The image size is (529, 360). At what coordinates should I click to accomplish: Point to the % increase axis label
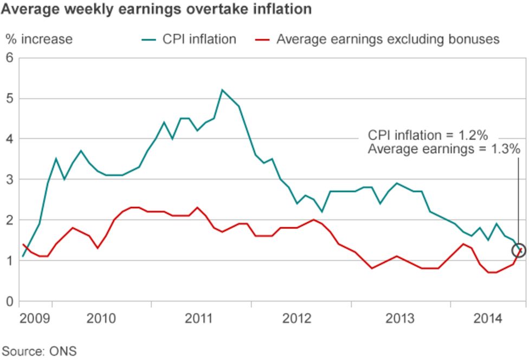click(38, 39)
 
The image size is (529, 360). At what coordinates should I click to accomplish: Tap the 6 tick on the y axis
click(9, 58)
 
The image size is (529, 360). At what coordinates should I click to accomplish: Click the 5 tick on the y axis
click(9, 99)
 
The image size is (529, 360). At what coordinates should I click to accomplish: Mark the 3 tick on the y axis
click(9, 179)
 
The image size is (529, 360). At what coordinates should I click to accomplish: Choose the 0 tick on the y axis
click(9, 301)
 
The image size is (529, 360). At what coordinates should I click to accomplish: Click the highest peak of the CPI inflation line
click(222, 90)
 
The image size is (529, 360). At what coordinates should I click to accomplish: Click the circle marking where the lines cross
click(519, 250)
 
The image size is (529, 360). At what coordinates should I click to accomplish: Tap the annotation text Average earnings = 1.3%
click(444, 149)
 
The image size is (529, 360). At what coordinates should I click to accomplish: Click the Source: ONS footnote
click(39, 351)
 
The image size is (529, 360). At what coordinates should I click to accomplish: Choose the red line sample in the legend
click(262, 39)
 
